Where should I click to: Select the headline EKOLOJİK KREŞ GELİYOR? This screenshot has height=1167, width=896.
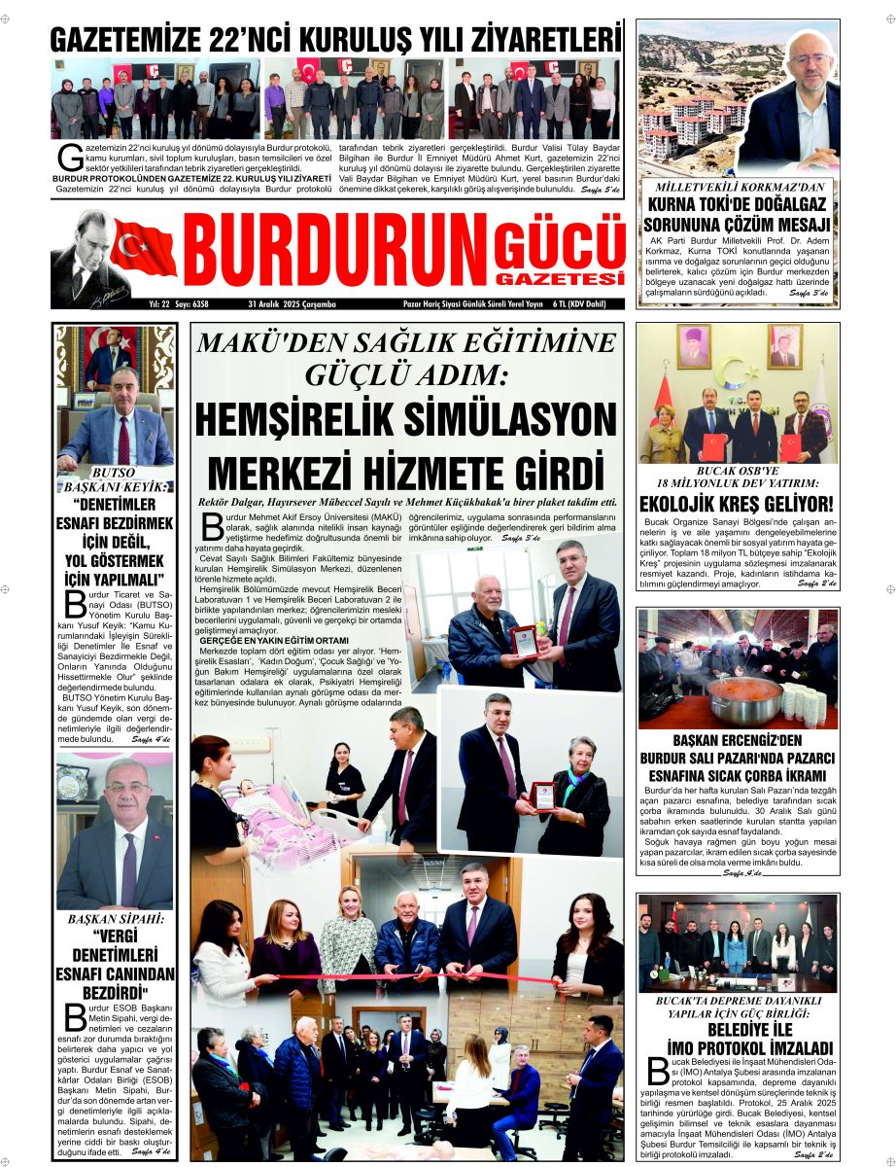tap(737, 505)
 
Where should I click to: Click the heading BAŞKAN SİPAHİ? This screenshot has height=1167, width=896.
tap(115, 918)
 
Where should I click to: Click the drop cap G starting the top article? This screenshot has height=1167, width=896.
tap(67, 155)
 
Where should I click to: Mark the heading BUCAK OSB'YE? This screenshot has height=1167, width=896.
tap(737, 470)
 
